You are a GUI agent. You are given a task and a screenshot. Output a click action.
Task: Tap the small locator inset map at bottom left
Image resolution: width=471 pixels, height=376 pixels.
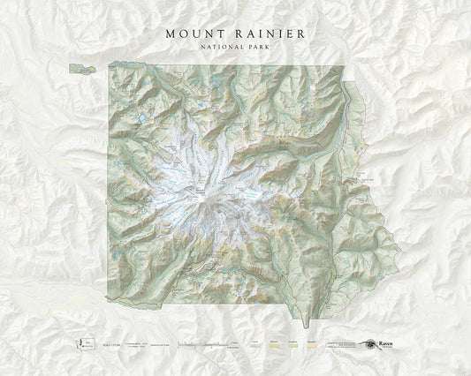(86, 345)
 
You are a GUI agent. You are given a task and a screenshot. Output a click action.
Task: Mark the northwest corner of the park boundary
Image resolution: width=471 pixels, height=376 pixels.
(110, 65)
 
